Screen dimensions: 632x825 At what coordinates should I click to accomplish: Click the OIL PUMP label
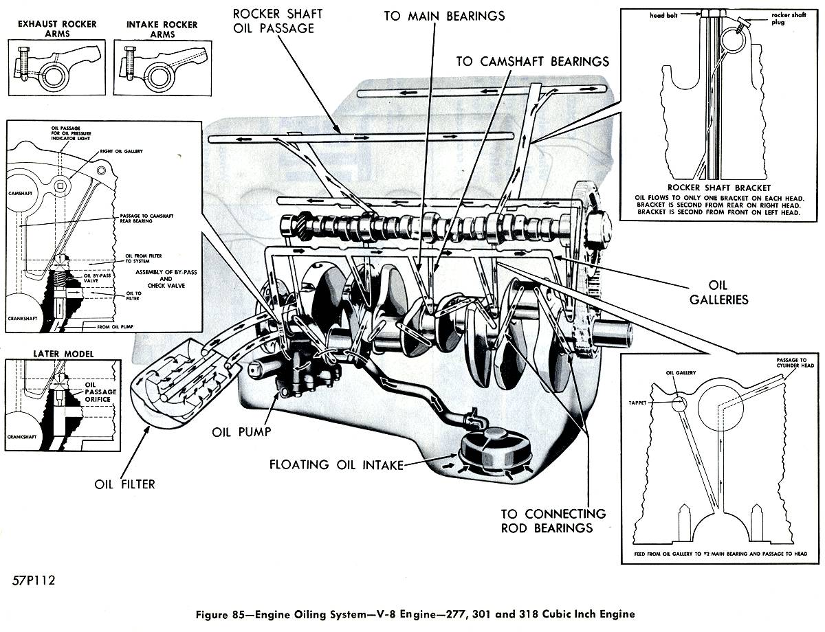241,432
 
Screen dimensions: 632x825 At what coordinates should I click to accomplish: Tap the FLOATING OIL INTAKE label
336,465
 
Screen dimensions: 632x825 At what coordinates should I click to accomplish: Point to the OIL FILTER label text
124,484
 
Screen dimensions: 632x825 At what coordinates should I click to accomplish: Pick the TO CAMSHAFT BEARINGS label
532,62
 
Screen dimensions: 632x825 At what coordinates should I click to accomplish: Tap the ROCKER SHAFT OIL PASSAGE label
278,21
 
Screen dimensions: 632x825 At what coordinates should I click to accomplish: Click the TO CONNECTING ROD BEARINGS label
553,521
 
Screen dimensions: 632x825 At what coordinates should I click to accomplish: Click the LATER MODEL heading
63,354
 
